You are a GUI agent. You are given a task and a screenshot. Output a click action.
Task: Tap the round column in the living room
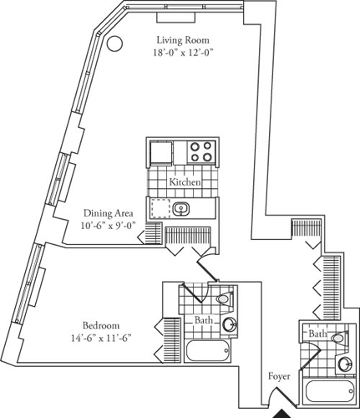(x=116, y=43)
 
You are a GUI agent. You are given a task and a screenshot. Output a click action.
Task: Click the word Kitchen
(x=185, y=181)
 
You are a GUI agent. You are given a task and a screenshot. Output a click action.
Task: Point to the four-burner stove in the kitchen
(x=200, y=151)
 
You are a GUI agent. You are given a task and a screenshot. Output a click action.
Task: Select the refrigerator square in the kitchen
(x=161, y=153)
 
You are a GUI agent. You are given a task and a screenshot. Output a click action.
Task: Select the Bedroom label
(x=102, y=325)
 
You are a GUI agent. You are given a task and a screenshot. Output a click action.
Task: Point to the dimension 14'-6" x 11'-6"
(x=102, y=339)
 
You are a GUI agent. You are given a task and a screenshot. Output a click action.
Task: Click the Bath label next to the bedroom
(x=203, y=320)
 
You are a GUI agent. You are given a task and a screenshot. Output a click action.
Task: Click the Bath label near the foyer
(x=317, y=334)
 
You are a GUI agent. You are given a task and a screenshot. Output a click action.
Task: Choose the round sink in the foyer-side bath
(x=345, y=363)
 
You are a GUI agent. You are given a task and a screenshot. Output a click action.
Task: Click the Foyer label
(x=280, y=377)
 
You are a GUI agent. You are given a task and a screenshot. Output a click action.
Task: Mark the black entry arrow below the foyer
(x=281, y=411)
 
